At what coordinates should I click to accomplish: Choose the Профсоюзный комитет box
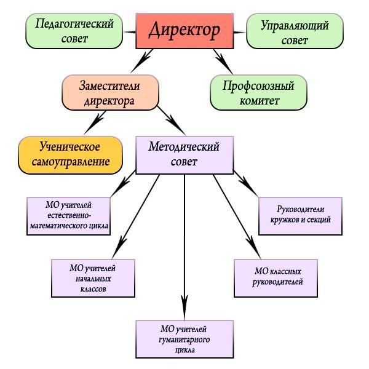[258, 92]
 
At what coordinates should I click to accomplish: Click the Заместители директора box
[111, 92]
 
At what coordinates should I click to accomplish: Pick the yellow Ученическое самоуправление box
[69, 154]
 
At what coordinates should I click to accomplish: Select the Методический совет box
[184, 154]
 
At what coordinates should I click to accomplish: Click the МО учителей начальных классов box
[92, 277]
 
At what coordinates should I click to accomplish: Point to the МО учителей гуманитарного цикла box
[184, 339]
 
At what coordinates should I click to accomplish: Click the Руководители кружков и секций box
[301, 215]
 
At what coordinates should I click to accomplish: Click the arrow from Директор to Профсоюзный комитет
[220, 60]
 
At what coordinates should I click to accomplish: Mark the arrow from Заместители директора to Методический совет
[172, 119]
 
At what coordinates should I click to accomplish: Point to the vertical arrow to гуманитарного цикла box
[184, 246]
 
